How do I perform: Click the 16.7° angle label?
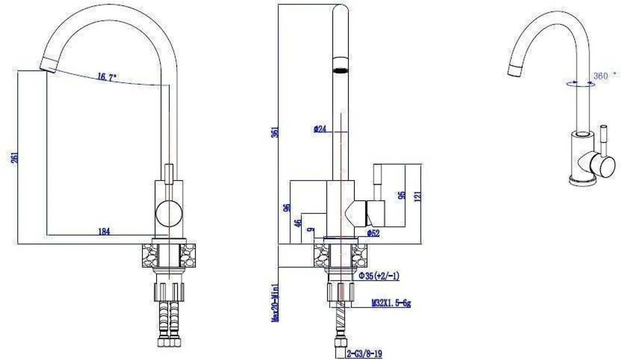click(107, 77)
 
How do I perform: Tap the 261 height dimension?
click(15, 157)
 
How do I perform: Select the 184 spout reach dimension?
click(104, 231)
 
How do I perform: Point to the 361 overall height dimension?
click(275, 132)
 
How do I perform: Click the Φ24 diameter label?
click(320, 129)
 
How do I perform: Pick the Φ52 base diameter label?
click(373, 233)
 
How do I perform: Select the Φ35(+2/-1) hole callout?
click(379, 276)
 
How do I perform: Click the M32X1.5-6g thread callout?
click(391, 303)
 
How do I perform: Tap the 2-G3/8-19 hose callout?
click(364, 354)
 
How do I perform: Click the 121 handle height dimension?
click(418, 196)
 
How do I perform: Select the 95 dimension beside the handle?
click(402, 195)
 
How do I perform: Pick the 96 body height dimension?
click(287, 208)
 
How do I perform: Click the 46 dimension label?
click(298, 223)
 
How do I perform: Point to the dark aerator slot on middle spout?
click(340, 70)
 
